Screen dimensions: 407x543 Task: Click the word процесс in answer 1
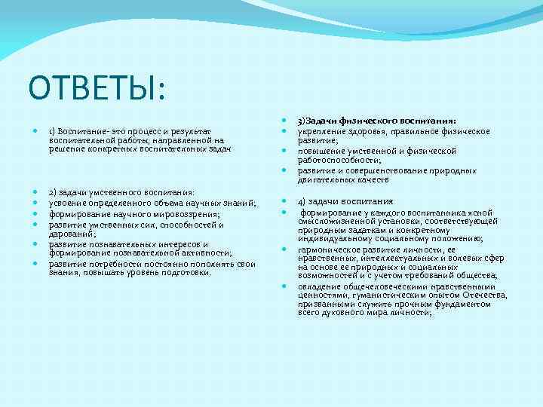point(143,130)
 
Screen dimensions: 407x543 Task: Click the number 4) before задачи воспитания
point(302,201)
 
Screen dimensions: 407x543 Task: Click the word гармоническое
point(330,249)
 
